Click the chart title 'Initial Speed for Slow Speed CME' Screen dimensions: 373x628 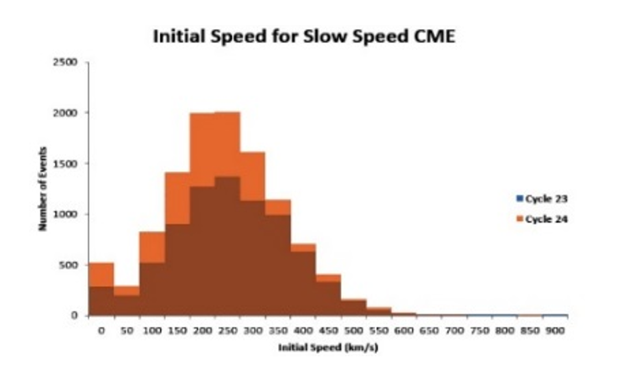(x=303, y=38)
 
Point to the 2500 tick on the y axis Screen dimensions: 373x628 (x=68, y=62)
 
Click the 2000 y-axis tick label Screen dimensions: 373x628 (x=68, y=113)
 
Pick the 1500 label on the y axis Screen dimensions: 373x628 (x=68, y=164)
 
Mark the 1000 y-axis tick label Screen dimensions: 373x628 (x=68, y=214)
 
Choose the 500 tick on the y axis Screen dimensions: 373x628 (x=70, y=265)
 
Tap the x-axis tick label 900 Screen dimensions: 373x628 (x=554, y=330)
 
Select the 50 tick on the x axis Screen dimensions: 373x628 (x=126, y=330)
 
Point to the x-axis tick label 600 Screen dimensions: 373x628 (x=403, y=330)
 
